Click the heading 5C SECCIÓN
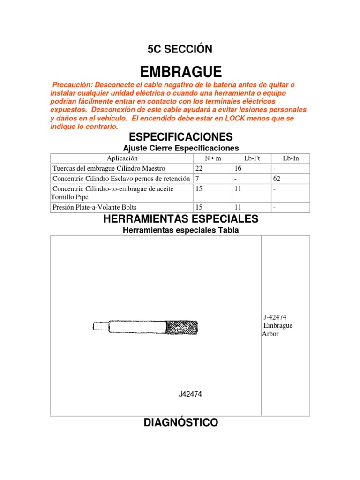pos(180,49)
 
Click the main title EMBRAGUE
pos(180,72)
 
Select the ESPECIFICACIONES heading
pos(180,137)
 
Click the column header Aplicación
pos(122,158)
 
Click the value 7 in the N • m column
pos(196,179)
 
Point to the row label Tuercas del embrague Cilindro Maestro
pos(109,168)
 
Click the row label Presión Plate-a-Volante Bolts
pos(95,207)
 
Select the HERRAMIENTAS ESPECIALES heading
pos(180,219)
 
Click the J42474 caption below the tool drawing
pos(190,394)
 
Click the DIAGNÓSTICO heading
pos(180,422)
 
